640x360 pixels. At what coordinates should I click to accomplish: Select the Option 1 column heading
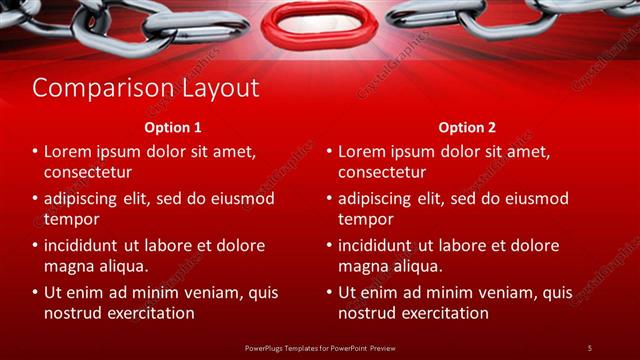[173, 128]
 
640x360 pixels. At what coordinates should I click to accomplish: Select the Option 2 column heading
[466, 128]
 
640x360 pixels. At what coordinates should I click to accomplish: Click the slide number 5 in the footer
[590, 347]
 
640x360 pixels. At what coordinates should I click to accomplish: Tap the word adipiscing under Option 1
[85, 198]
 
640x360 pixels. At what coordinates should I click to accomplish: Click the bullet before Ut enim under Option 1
[34, 293]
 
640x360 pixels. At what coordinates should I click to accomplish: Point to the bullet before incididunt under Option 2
[328, 246]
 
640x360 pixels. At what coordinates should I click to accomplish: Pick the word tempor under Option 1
[71, 219]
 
